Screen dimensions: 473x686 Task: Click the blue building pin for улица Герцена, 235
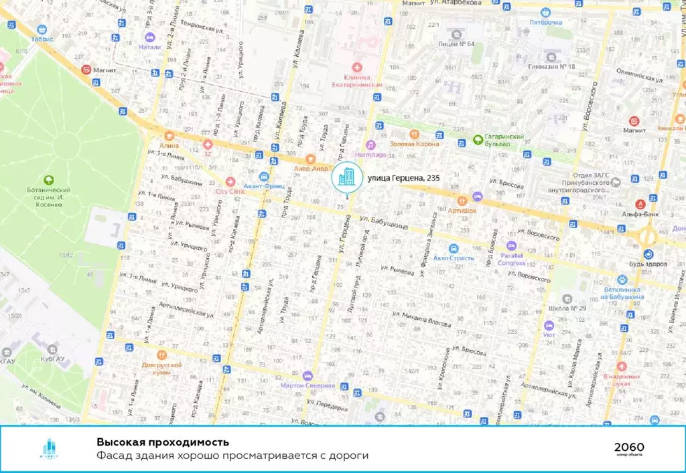[x=346, y=177]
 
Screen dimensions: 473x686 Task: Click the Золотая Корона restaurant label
[x=415, y=144]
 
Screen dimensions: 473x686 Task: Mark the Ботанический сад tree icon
[x=48, y=179]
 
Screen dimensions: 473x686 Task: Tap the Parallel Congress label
[x=511, y=258]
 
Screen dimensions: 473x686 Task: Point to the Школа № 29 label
[x=568, y=308]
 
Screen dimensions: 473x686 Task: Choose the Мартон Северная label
[x=307, y=385]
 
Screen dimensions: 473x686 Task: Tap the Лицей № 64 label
[x=458, y=44]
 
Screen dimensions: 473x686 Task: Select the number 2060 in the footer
[x=630, y=446]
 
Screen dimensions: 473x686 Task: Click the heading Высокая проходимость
[x=162, y=442]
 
